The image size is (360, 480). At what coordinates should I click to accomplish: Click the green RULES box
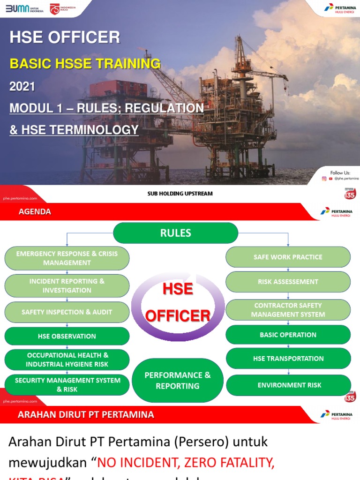(x=176, y=233)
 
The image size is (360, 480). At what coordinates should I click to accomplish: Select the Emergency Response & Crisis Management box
(x=67, y=258)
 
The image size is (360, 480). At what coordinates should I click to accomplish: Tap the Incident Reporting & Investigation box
(x=67, y=285)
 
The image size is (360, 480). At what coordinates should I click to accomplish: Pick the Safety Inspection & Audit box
(x=67, y=312)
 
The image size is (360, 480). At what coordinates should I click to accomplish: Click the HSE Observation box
(x=67, y=336)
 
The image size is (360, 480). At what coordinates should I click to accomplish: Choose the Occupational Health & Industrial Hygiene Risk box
(x=67, y=360)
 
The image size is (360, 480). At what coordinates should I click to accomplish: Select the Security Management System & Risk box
(x=67, y=385)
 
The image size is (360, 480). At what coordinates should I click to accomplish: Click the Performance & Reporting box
(x=178, y=381)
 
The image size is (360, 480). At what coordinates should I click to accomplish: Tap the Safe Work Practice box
(x=288, y=257)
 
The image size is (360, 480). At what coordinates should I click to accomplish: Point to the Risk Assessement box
(x=288, y=282)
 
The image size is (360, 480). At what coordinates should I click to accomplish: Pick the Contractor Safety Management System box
(x=288, y=310)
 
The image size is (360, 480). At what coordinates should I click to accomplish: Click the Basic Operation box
(x=288, y=335)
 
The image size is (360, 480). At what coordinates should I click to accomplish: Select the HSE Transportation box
(x=288, y=359)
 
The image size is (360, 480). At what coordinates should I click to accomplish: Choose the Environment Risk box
(x=288, y=385)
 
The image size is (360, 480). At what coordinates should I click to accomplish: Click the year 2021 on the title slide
(x=22, y=86)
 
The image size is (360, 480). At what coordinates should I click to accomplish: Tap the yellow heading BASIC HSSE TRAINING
(x=85, y=64)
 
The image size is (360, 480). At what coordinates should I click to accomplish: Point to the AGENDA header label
(x=35, y=212)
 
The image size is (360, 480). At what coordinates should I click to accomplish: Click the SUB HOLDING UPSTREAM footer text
(x=180, y=193)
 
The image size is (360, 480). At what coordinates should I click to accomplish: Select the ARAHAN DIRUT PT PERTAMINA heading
(x=86, y=415)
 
